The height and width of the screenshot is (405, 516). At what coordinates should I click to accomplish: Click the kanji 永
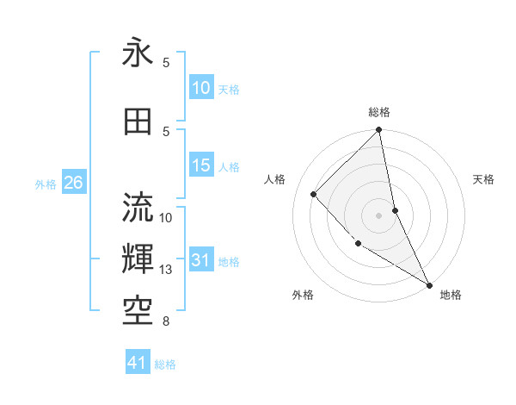[138, 54]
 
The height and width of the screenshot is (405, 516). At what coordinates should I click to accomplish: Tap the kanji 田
[138, 121]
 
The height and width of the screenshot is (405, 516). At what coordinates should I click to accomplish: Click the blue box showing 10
[200, 88]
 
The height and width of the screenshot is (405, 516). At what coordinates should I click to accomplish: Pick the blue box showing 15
[200, 165]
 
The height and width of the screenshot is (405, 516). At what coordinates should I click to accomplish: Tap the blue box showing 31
[200, 261]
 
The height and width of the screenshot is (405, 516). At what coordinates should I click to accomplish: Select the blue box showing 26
[73, 183]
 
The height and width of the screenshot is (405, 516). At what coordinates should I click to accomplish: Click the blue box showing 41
[138, 364]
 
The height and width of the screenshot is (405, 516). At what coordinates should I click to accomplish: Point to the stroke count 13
[167, 270]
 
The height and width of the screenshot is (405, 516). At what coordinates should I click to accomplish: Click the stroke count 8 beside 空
[166, 321]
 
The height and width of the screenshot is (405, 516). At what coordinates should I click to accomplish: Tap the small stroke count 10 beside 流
[167, 217]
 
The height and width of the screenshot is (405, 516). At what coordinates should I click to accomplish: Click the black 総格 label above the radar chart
[379, 112]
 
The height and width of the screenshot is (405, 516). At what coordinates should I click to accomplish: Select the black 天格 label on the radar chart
[483, 179]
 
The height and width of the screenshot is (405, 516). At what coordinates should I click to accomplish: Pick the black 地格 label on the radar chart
[451, 295]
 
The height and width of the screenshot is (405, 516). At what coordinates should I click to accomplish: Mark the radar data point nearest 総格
[379, 131]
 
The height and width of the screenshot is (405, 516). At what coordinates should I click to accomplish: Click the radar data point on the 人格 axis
[314, 194]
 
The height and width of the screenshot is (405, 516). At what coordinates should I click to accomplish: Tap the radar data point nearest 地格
[429, 283]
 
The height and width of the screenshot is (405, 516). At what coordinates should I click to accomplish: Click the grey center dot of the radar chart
[379, 215]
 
